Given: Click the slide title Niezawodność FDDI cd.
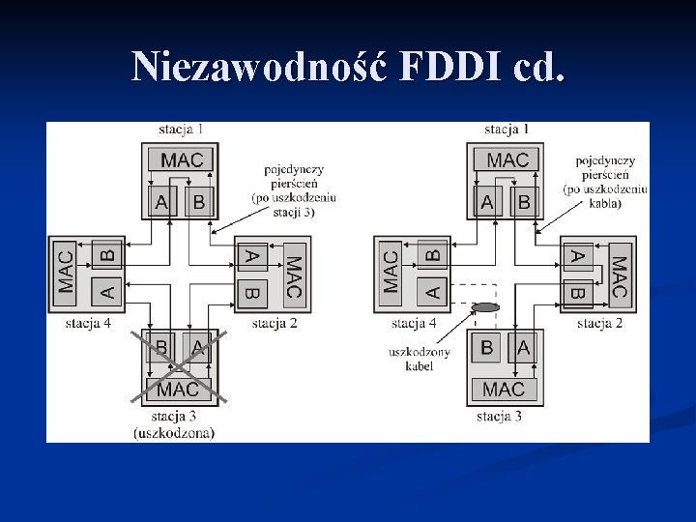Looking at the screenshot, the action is tap(348, 65).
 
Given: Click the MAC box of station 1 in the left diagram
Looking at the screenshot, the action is tap(181, 159).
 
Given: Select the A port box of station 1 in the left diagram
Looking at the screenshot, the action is tap(161, 201).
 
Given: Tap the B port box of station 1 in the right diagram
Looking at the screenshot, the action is tap(523, 201).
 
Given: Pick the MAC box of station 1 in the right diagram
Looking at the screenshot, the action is tap(507, 159).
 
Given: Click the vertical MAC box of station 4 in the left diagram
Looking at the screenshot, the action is tap(66, 272).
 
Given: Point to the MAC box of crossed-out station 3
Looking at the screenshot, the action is tap(178, 389).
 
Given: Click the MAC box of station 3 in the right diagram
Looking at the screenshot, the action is tap(503, 389).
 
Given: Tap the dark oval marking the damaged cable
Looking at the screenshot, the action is tap(485, 307).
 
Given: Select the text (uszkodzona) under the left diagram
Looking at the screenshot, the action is tap(174, 432).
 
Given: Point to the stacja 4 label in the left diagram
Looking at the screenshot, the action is tap(88, 323).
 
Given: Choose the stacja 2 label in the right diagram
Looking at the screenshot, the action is tap(599, 323).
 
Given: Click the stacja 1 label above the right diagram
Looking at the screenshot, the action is tap(507, 129).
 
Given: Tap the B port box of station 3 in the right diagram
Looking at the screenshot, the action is tap(486, 347).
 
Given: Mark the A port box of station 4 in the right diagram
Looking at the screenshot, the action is tap(432, 289).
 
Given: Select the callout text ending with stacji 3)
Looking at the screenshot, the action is tap(293, 190).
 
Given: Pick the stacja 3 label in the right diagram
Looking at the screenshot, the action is tap(499, 417).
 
